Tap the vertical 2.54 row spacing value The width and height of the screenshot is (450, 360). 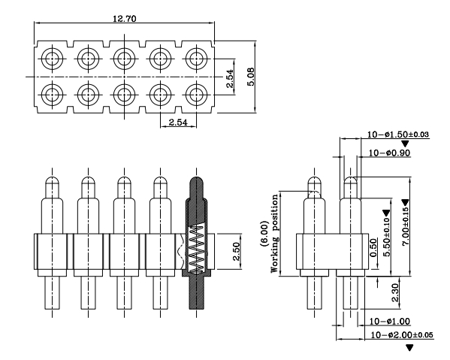pos(230,78)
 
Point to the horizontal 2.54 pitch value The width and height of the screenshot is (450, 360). pos(177,121)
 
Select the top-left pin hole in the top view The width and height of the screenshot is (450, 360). pos(52,59)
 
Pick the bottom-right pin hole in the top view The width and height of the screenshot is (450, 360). pos(196,95)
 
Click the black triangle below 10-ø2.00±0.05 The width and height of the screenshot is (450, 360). pos(409,347)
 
